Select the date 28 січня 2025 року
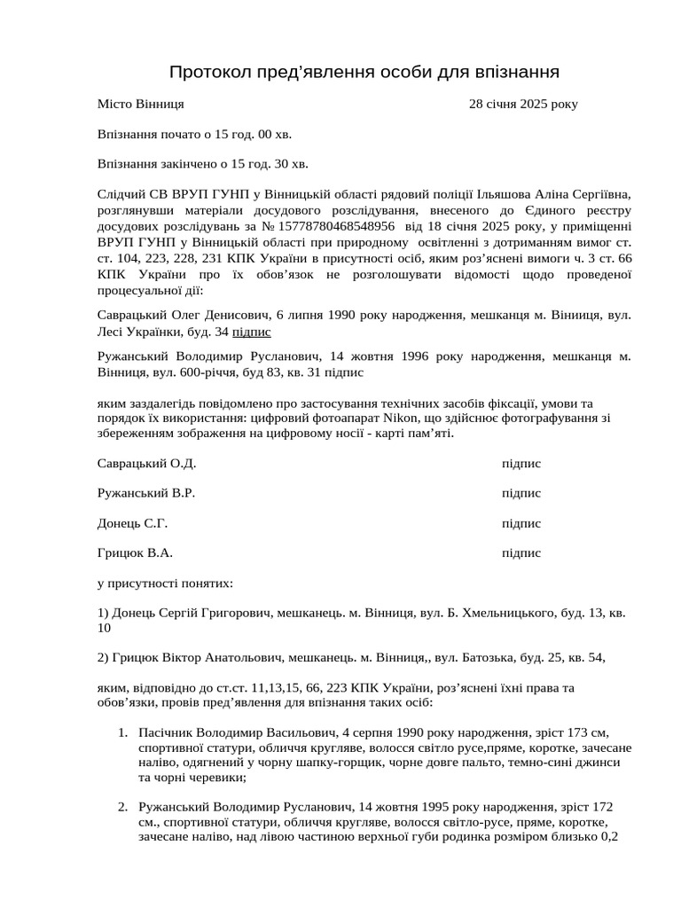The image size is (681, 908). pos(523,104)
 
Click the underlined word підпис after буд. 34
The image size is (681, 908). pos(252,332)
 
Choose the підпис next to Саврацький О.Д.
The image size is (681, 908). pos(521,463)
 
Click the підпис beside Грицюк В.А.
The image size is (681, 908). pos(521,552)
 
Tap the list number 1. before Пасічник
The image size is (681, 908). pos(122,733)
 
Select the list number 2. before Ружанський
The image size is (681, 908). pos(122,808)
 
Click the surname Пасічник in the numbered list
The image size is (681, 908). pos(166,733)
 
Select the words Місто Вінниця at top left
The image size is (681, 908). pos(140,104)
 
